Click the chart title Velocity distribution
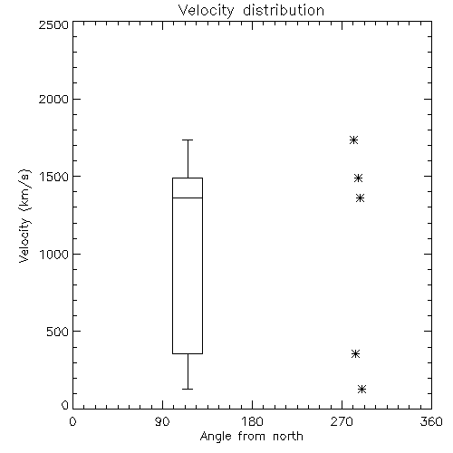tap(251, 11)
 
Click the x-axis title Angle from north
tap(252, 437)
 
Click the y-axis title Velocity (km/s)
tap(24, 217)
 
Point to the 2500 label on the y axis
tap(53, 24)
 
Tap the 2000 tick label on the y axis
tap(53, 99)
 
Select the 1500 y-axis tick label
tap(54, 177)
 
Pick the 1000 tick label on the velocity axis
tap(54, 255)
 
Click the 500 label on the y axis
tap(58, 332)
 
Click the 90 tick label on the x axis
tap(162, 421)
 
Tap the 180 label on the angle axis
tap(252, 421)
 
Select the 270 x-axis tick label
tap(342, 421)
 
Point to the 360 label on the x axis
tap(431, 421)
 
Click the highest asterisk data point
tap(354, 140)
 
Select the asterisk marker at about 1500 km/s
tap(358, 178)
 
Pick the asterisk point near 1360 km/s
tap(360, 198)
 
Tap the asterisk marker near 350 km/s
tap(356, 354)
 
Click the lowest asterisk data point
tap(361, 389)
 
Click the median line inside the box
tap(188, 198)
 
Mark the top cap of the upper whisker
tap(188, 140)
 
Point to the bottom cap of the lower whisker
tap(188, 389)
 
